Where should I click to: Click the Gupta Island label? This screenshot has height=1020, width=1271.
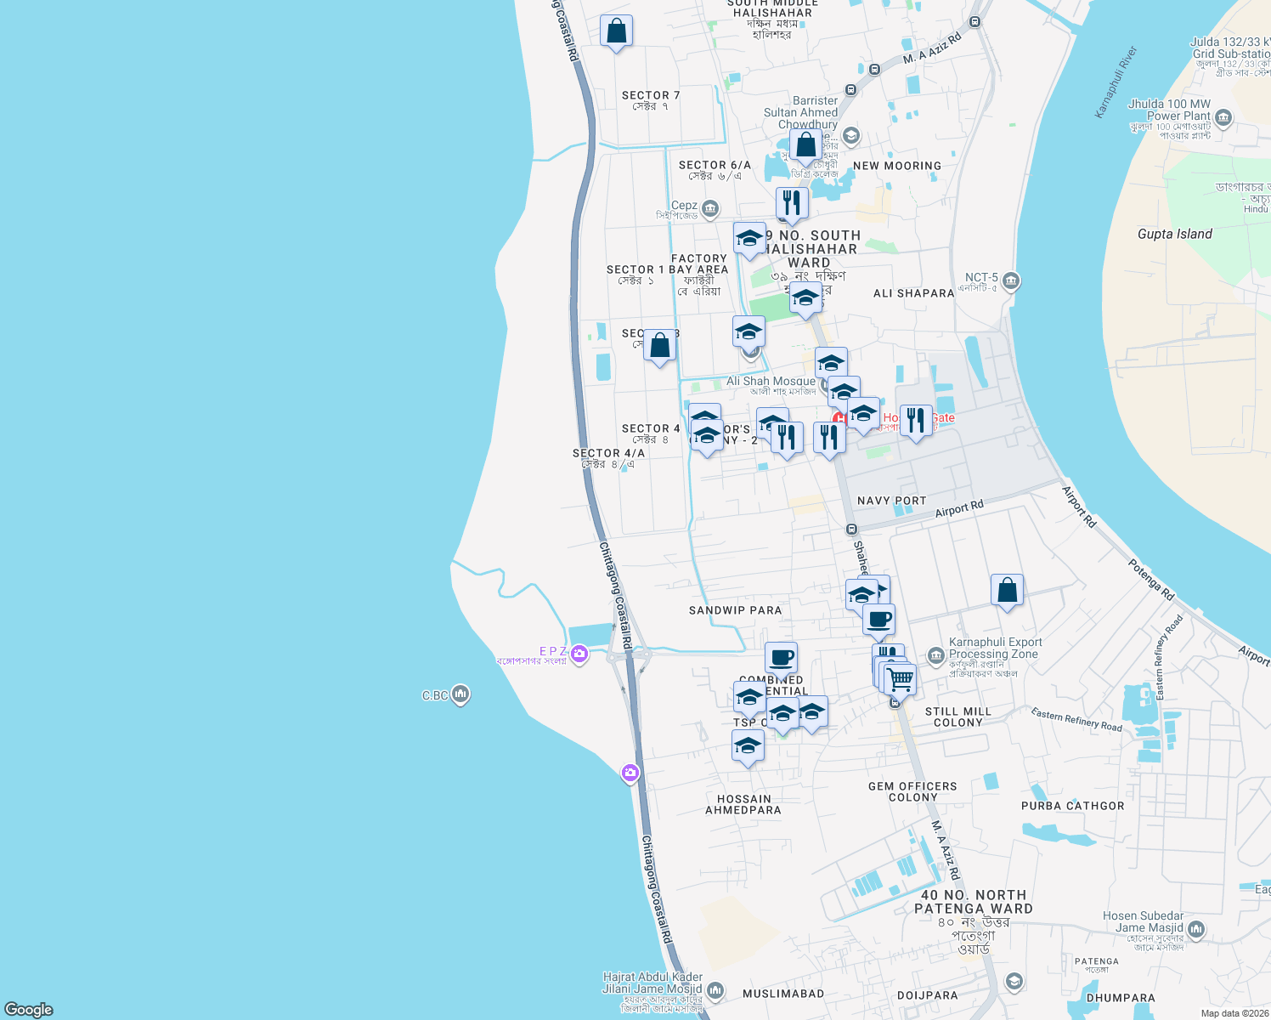click(1174, 234)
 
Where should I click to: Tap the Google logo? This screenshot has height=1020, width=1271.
click(29, 1009)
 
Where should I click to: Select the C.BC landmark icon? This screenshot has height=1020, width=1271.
click(460, 694)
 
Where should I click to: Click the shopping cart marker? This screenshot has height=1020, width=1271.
click(900, 679)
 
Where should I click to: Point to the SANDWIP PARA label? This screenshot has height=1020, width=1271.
click(735, 610)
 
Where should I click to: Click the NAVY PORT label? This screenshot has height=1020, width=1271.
click(891, 501)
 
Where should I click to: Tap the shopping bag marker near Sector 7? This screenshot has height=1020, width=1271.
click(616, 31)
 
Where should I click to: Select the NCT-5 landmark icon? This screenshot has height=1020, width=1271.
click(1010, 281)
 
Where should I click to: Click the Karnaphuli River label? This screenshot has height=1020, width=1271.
click(1115, 82)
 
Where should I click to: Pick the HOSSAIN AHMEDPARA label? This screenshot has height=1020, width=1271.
click(743, 804)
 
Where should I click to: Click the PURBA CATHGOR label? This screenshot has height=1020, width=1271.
click(1072, 806)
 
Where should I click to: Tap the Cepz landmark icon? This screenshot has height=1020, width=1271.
click(710, 208)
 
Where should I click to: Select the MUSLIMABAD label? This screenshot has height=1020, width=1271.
click(783, 994)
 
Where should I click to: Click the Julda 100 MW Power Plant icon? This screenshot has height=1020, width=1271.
click(1223, 117)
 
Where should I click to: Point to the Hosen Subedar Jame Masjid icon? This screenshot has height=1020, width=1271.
click(1196, 930)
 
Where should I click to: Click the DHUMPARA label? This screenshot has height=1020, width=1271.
click(1121, 998)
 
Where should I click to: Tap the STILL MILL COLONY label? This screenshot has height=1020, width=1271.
click(958, 717)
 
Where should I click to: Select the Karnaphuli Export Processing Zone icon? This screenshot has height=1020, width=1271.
click(935, 655)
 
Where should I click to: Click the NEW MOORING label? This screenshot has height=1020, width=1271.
click(897, 166)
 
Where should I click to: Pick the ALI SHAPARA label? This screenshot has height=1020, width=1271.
click(913, 293)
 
